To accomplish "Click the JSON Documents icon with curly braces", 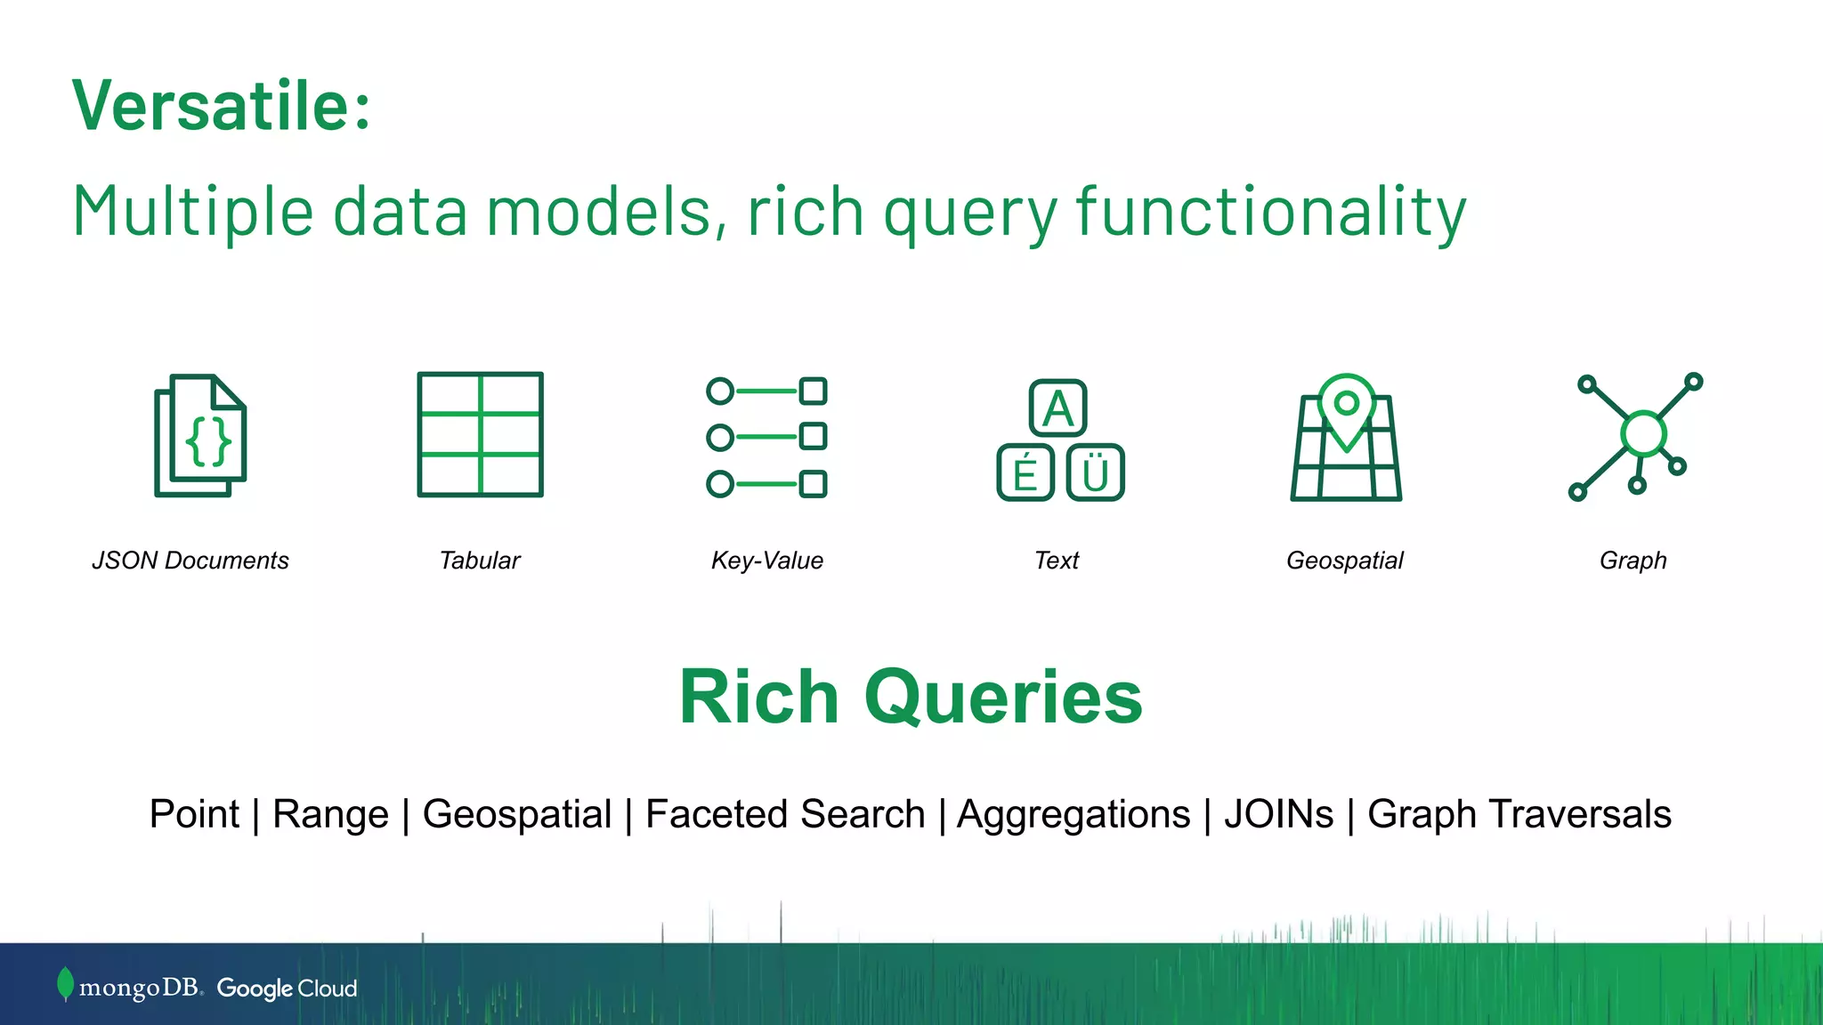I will click(201, 436).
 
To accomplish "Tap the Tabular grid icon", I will click(480, 434).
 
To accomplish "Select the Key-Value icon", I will click(766, 437).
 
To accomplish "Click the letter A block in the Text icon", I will click(1057, 408).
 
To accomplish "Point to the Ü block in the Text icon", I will click(1096, 472).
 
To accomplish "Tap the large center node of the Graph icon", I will click(1643, 433).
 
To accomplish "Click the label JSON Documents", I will click(190, 561).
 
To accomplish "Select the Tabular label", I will click(480, 561).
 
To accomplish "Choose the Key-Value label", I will click(766, 561).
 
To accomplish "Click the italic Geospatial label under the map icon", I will click(1344, 561).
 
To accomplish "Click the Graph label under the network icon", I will click(1633, 561).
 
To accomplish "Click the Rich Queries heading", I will click(911, 697).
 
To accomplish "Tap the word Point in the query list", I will click(194, 814).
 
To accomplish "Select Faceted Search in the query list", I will click(785, 814).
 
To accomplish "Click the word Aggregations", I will click(1074, 814).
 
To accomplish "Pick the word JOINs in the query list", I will click(1278, 814).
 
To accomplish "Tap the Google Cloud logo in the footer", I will click(287, 989).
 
